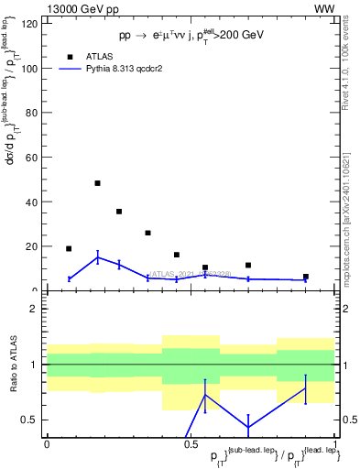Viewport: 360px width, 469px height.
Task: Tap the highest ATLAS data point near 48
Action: click(x=97, y=183)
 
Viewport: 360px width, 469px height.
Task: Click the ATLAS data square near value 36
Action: click(x=119, y=212)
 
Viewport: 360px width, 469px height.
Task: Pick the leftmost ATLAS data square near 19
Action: click(x=69, y=248)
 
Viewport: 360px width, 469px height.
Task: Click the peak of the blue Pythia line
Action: click(x=97, y=257)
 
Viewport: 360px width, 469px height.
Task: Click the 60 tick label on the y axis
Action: click(x=34, y=158)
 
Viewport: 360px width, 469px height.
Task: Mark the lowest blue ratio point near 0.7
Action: click(x=248, y=427)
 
